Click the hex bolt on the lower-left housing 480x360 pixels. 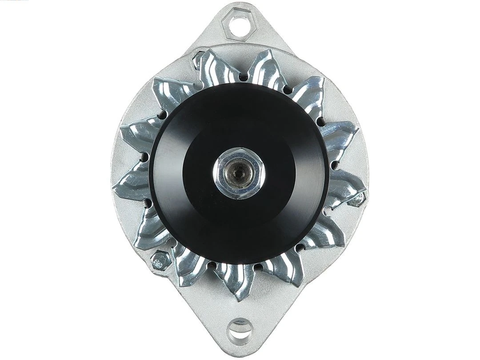pos(158,260)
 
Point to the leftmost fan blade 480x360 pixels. pos(129,184)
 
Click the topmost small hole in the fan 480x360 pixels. pos(242,76)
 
